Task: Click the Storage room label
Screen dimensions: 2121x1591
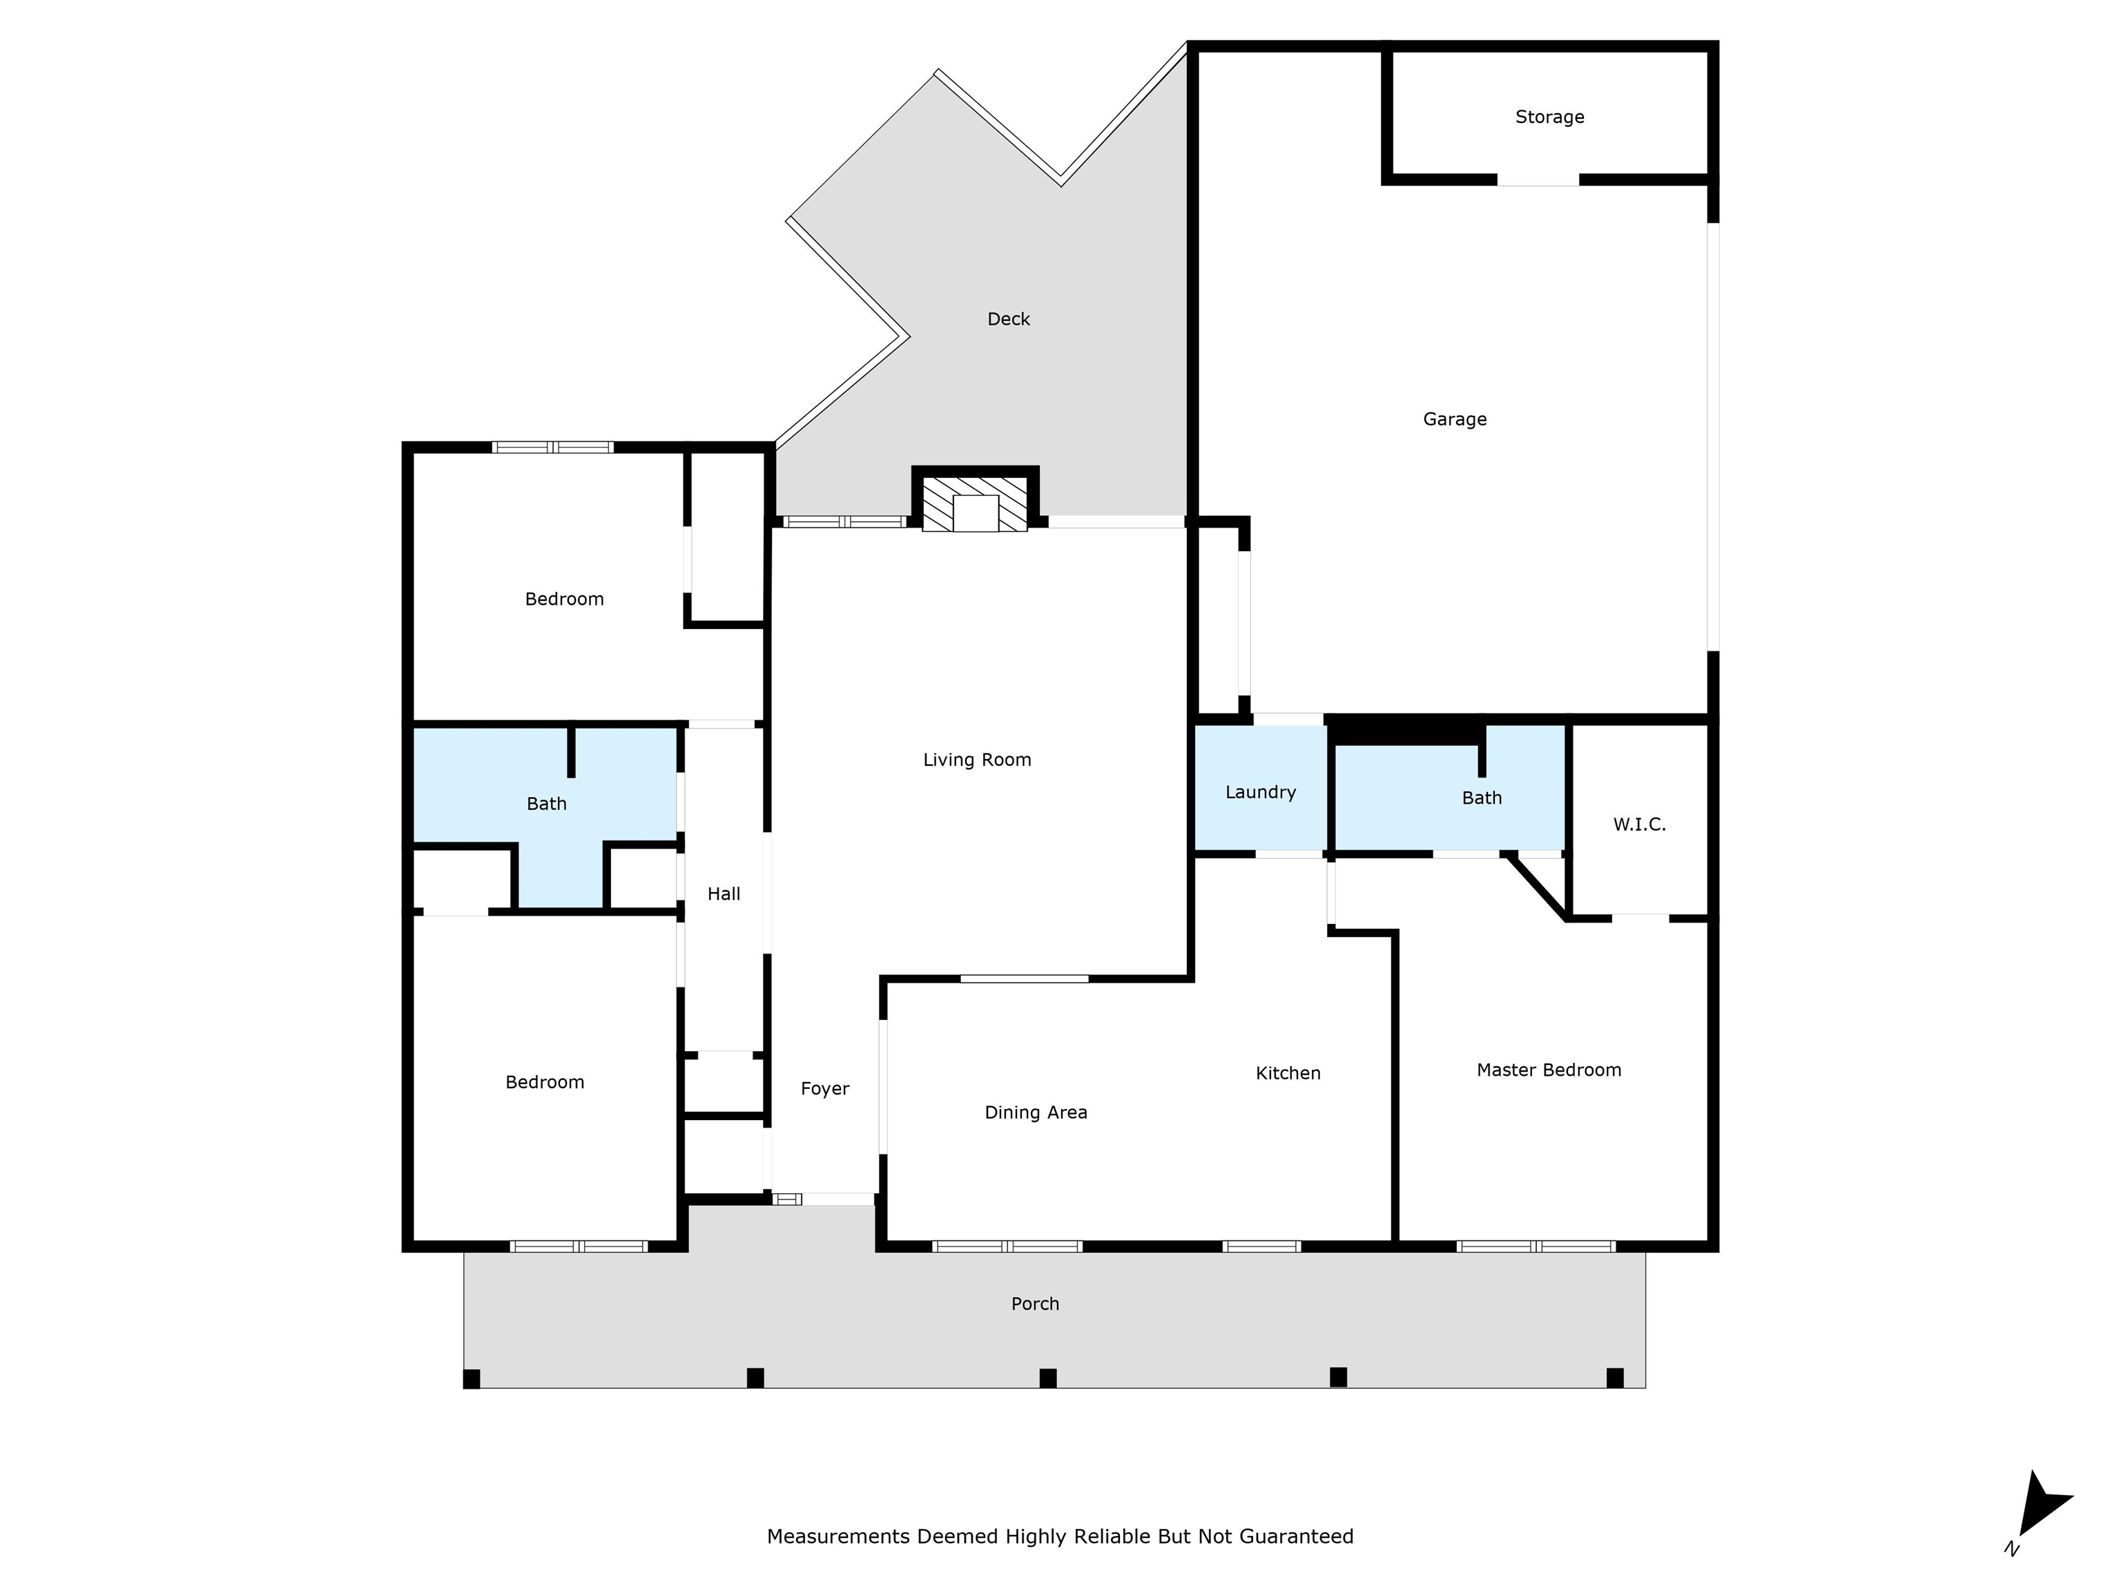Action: tap(1549, 117)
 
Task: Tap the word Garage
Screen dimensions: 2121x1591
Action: tap(1455, 419)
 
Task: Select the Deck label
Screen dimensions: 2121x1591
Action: tap(1009, 319)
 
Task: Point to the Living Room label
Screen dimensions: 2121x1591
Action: tap(977, 760)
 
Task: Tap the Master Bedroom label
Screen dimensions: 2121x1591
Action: tap(1549, 1070)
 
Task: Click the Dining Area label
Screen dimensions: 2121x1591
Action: tap(1036, 1113)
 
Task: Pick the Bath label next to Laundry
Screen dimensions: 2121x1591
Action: tap(1482, 798)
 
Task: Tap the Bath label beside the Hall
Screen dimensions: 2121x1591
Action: tap(547, 804)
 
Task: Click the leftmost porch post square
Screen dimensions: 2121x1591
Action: tap(472, 1379)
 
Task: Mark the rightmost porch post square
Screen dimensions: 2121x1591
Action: tap(1616, 1378)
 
